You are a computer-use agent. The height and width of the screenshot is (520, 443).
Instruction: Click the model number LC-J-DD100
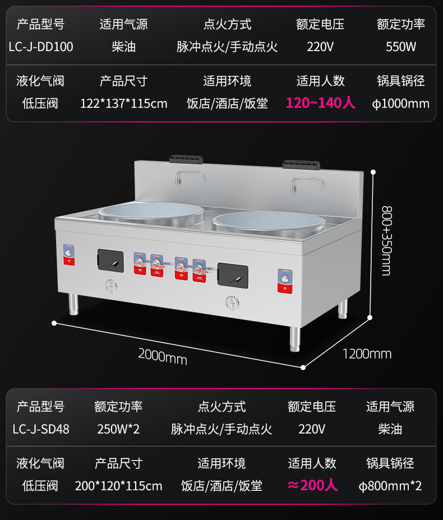pos(41,47)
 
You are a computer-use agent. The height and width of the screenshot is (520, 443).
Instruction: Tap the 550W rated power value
pos(401,47)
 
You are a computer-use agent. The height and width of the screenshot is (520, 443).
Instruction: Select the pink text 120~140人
pos(320,103)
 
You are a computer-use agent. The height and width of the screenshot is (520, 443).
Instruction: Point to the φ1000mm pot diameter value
pos(401,103)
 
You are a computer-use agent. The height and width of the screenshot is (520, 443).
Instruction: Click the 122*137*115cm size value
pos(123,103)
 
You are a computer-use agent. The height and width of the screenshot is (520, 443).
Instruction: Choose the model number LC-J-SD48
pos(41,429)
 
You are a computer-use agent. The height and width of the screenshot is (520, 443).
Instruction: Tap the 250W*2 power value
pos(118,429)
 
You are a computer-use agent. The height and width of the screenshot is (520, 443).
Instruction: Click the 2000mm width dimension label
pos(163,356)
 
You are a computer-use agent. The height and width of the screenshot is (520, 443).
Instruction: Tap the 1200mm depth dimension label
pos(367,354)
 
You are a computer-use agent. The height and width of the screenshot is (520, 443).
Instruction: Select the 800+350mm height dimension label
pos(386,240)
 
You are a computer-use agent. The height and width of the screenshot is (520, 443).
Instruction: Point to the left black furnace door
pos(110,259)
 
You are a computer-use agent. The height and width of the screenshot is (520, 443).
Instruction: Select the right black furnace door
pos(233,273)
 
